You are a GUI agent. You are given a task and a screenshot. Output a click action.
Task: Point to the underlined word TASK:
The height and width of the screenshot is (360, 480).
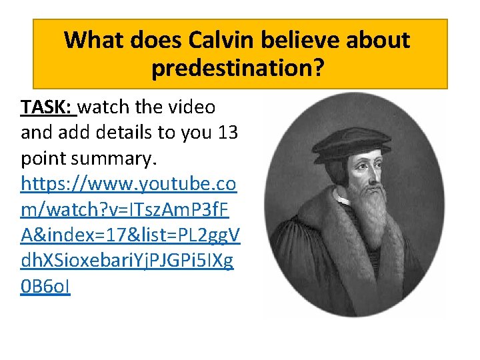tap(47, 107)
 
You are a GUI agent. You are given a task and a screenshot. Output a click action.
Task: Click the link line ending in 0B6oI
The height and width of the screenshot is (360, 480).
tap(45, 287)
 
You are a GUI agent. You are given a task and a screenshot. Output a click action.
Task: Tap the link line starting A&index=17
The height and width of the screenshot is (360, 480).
tap(131, 235)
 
